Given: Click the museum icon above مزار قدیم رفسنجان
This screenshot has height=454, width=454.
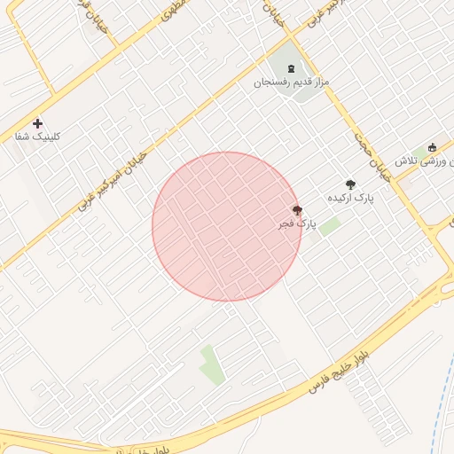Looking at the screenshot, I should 291,68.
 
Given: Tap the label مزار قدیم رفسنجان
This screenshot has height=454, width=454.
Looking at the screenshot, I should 293,82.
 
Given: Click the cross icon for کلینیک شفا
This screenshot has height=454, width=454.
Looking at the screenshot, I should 37,123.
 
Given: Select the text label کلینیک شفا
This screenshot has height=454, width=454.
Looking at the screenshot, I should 35,137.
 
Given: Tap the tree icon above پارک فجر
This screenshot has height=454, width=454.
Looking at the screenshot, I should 297,211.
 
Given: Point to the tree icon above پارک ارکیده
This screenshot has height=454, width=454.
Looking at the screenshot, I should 351,184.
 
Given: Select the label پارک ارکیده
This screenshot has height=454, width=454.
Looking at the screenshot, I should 351,198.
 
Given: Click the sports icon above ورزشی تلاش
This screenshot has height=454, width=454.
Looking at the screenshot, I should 433,147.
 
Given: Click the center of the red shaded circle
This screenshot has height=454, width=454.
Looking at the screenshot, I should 227,226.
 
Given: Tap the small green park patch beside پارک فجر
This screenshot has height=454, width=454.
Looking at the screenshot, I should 330,226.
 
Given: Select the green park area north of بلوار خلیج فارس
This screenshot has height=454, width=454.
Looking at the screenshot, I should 211,364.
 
